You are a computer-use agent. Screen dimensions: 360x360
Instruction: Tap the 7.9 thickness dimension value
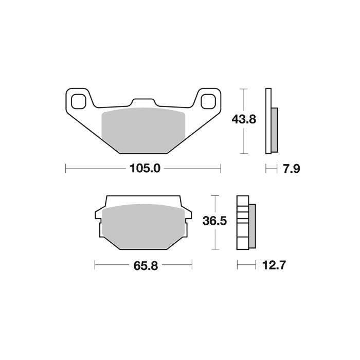(x=291, y=168)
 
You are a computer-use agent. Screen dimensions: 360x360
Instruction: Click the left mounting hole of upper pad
(x=79, y=101)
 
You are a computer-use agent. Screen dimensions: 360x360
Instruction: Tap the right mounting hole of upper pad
(x=208, y=101)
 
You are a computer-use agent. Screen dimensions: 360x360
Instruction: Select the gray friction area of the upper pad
(x=143, y=129)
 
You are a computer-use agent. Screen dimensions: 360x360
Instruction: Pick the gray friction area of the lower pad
(x=143, y=224)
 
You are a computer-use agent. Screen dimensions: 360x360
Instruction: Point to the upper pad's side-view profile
(x=268, y=121)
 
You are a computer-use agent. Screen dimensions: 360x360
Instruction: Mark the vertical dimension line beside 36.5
(x=215, y=222)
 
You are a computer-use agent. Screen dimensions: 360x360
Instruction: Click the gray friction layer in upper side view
(x=274, y=130)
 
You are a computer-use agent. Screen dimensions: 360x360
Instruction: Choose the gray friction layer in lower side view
(x=252, y=225)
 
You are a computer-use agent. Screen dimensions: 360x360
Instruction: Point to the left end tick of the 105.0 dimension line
(x=66, y=168)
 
